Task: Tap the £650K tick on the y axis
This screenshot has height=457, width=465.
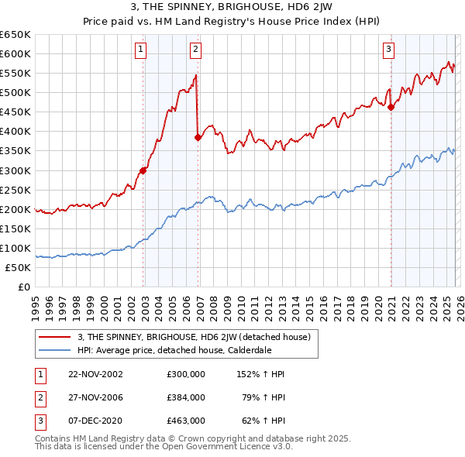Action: click(15, 35)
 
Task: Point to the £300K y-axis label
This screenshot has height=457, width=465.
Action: click(15, 170)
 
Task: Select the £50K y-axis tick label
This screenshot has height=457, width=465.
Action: click(19, 267)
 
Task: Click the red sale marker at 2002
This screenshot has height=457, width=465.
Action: click(143, 170)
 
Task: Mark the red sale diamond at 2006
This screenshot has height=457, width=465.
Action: click(198, 138)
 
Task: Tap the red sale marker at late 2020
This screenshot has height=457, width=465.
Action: click(391, 108)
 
